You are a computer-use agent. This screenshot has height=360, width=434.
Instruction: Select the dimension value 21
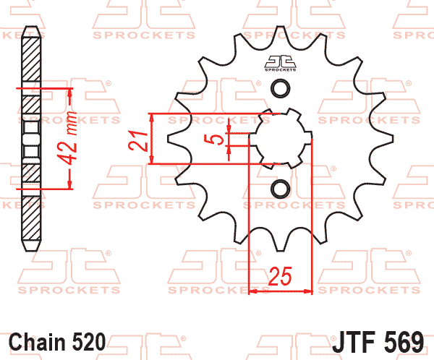click(137, 140)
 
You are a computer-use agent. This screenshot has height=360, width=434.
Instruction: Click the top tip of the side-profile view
click(31, 29)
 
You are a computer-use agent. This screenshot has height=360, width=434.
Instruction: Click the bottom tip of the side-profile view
click(31, 249)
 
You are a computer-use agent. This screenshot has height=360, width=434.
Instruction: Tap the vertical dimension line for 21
click(153, 140)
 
